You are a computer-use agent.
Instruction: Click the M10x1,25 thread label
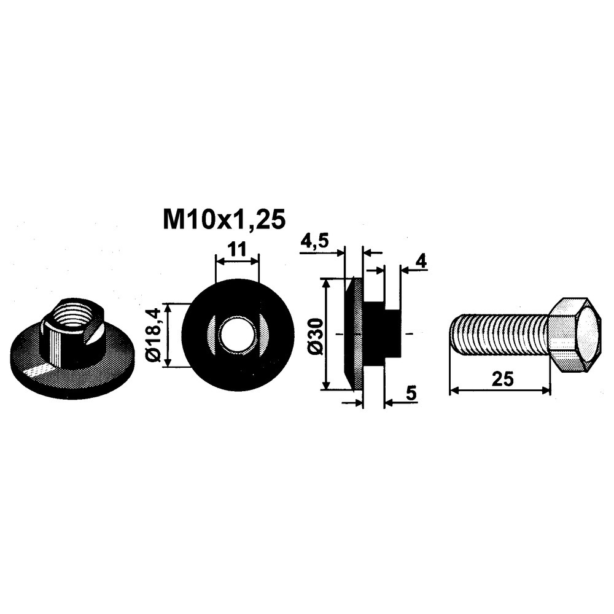click(224, 220)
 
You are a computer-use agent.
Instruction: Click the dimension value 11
click(236, 249)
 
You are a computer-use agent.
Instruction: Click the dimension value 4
click(421, 261)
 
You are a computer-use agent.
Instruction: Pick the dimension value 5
click(411, 394)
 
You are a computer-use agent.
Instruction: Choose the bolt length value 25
click(503, 379)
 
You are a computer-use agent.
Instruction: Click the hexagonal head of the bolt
click(574, 335)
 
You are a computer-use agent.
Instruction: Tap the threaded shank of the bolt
click(499, 334)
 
